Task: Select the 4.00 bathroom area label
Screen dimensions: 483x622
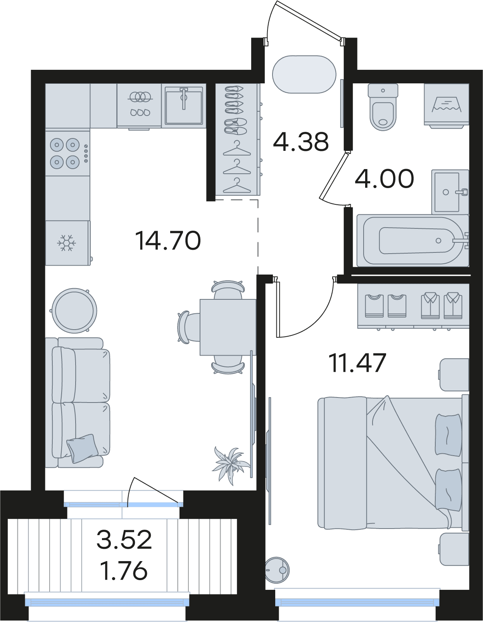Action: (x=384, y=179)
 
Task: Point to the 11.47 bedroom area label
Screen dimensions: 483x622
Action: (x=357, y=363)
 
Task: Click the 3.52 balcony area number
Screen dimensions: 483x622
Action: (x=124, y=539)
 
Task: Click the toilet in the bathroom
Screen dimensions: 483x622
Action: (x=383, y=107)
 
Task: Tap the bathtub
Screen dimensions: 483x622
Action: (x=413, y=240)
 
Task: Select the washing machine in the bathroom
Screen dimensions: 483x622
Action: (x=447, y=105)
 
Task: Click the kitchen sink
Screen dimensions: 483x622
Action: (x=184, y=105)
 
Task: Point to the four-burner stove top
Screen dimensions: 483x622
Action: (x=67, y=154)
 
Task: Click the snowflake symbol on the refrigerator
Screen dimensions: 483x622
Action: (x=66, y=243)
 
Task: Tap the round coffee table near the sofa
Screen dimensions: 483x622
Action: (x=74, y=311)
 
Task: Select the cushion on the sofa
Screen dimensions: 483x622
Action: (x=82, y=448)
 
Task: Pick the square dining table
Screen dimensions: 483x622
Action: (x=228, y=327)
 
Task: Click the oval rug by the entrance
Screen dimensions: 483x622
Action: (x=304, y=74)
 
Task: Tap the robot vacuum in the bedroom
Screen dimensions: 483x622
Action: (x=277, y=570)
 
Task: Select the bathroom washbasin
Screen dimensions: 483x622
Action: (x=450, y=192)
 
